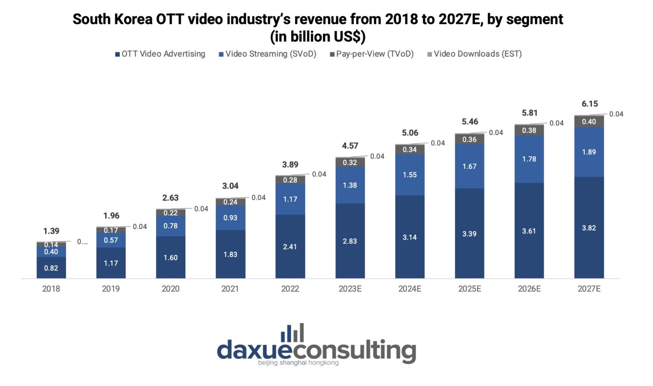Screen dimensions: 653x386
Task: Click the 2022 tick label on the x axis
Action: click(290, 289)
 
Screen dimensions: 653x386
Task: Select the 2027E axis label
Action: click(589, 289)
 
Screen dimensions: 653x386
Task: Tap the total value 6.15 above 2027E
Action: click(590, 103)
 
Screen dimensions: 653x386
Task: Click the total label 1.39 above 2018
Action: click(51, 231)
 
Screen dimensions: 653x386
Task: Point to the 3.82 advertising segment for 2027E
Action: click(589, 228)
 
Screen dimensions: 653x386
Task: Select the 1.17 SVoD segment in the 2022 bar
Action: click(290, 199)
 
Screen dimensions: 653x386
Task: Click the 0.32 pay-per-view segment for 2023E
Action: click(350, 162)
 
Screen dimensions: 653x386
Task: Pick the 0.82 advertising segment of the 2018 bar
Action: click(51, 268)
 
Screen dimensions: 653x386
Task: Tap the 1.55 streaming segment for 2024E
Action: click(409, 175)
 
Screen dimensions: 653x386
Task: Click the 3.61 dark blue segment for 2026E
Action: click(529, 231)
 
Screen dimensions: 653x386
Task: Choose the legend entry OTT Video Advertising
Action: click(160, 54)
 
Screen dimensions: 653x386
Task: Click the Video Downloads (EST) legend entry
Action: click(474, 54)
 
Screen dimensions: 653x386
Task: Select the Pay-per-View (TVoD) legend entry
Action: click(372, 54)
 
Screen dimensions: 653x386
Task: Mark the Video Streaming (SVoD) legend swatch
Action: click(221, 54)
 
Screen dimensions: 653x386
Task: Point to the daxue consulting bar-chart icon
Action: click(292, 332)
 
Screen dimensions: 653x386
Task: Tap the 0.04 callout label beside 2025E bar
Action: click(496, 133)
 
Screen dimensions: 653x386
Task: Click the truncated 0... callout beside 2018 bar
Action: click(82, 242)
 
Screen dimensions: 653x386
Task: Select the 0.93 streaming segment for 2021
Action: click(230, 217)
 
